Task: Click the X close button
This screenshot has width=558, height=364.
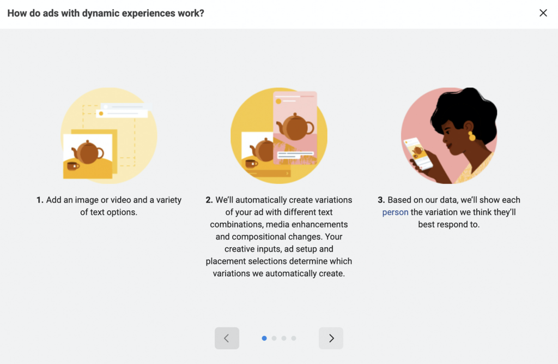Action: click(543, 13)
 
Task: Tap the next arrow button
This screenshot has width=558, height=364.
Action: click(331, 338)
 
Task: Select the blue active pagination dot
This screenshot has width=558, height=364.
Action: click(264, 338)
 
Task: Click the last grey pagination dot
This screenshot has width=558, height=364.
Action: click(294, 338)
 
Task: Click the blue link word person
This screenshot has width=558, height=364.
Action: click(395, 212)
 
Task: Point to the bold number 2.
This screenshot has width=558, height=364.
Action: click(209, 200)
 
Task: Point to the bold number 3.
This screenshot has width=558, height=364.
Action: click(381, 200)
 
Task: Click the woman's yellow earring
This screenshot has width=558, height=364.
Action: click(471, 135)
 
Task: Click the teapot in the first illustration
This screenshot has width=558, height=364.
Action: click(88, 152)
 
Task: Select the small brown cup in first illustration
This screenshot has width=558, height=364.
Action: click(73, 165)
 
